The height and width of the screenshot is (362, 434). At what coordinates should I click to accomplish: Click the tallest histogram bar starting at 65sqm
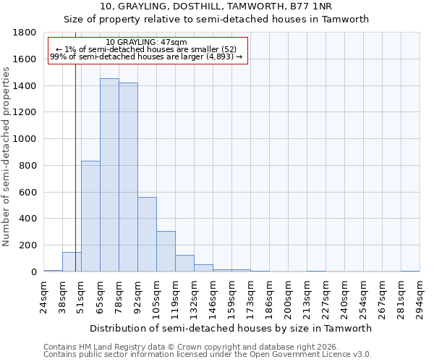tap(109, 175)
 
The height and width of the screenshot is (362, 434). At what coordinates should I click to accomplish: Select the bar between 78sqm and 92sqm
tap(128, 177)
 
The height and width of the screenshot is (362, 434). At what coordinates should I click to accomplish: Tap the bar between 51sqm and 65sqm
tap(90, 216)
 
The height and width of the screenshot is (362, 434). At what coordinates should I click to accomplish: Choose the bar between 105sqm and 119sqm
tap(166, 251)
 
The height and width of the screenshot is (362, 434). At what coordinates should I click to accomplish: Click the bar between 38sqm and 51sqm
tap(72, 262)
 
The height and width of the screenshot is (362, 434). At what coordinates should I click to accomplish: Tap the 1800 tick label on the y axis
tap(25, 33)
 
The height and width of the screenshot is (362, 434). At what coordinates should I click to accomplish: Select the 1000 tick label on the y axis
tap(25, 139)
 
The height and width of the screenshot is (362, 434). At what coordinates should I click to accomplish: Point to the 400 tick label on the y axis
tap(29, 219)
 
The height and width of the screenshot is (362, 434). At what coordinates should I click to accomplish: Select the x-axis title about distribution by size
tap(231, 328)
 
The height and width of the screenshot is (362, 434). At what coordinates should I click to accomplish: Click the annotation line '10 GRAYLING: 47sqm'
tap(146, 42)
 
